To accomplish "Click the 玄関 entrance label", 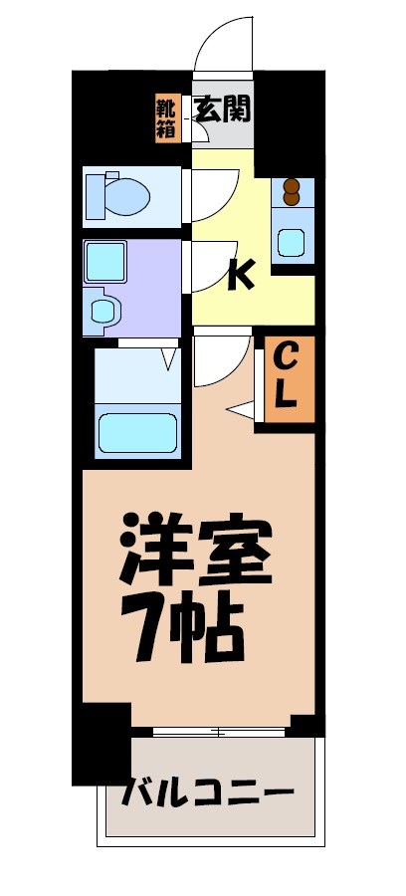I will tap(222, 109).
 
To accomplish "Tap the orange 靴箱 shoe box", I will tap(166, 117).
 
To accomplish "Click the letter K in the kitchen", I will tap(239, 273).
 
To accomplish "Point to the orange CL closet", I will tap(286, 375).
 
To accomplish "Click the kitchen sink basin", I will tap(292, 242).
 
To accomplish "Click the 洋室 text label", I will tap(196, 552).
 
